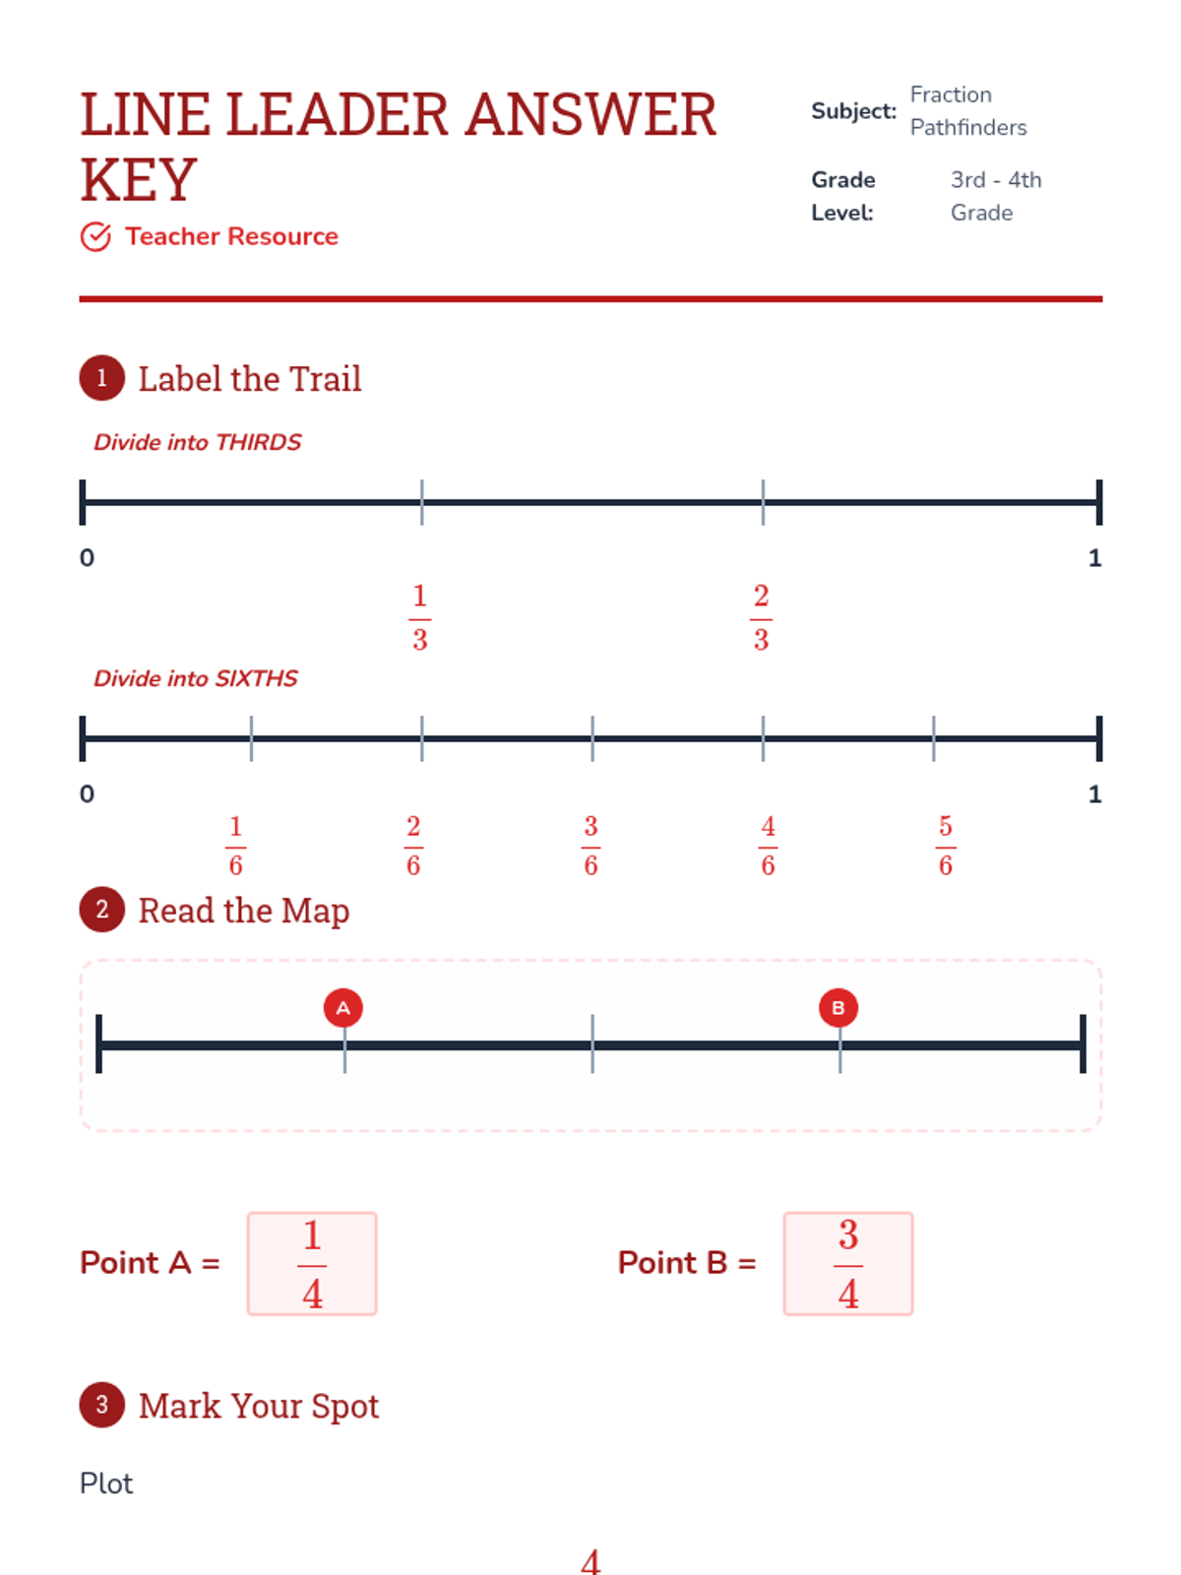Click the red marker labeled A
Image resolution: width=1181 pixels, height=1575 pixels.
[342, 1007]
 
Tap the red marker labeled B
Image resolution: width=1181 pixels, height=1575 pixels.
[838, 1007]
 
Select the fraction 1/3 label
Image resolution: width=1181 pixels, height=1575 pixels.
[419, 617]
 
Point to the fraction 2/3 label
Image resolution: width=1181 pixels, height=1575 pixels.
[761, 617]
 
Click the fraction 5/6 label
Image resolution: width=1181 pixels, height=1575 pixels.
[945, 846]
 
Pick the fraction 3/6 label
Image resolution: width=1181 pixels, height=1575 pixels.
[590, 846]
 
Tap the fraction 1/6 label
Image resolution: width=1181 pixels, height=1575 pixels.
[235, 846]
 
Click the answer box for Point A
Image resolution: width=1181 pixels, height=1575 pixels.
[312, 1263]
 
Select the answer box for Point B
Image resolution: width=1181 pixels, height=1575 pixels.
[847, 1263]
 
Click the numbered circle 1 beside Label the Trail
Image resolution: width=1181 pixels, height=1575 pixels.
[101, 377]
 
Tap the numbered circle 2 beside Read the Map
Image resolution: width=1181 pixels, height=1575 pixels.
[101, 909]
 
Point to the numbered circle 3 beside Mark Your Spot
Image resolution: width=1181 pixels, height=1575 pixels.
[101, 1405]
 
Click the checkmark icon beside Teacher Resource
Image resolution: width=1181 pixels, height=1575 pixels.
[95, 236]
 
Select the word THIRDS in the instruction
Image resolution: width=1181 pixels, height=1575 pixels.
[258, 442]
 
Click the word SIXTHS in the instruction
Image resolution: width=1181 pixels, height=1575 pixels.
[256, 678]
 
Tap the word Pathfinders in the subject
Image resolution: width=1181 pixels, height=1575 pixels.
[968, 128]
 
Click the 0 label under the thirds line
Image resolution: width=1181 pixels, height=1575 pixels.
[87, 557]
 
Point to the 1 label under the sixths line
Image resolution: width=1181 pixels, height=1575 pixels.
[1094, 793]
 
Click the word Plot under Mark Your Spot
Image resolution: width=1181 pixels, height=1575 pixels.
[106, 1483]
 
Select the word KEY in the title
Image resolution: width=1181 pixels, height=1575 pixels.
[139, 179]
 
